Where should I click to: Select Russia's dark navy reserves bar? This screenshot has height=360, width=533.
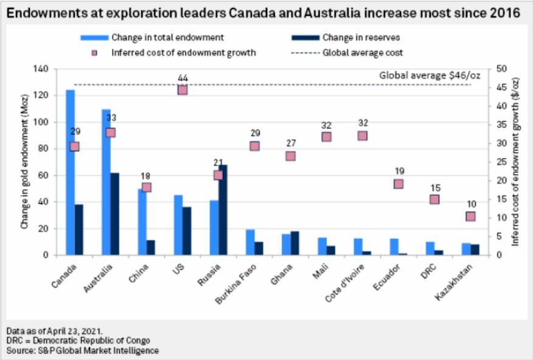223,210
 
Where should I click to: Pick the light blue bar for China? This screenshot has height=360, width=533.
142,221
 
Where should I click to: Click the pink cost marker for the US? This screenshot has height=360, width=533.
183,90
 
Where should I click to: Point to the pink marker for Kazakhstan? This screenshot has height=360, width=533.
470,216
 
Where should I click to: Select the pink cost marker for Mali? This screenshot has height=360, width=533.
326,137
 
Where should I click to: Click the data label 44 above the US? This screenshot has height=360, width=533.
183,78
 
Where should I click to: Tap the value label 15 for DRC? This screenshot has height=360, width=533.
434,188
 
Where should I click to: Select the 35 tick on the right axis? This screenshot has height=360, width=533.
502,125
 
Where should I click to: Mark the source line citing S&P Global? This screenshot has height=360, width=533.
83,350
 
